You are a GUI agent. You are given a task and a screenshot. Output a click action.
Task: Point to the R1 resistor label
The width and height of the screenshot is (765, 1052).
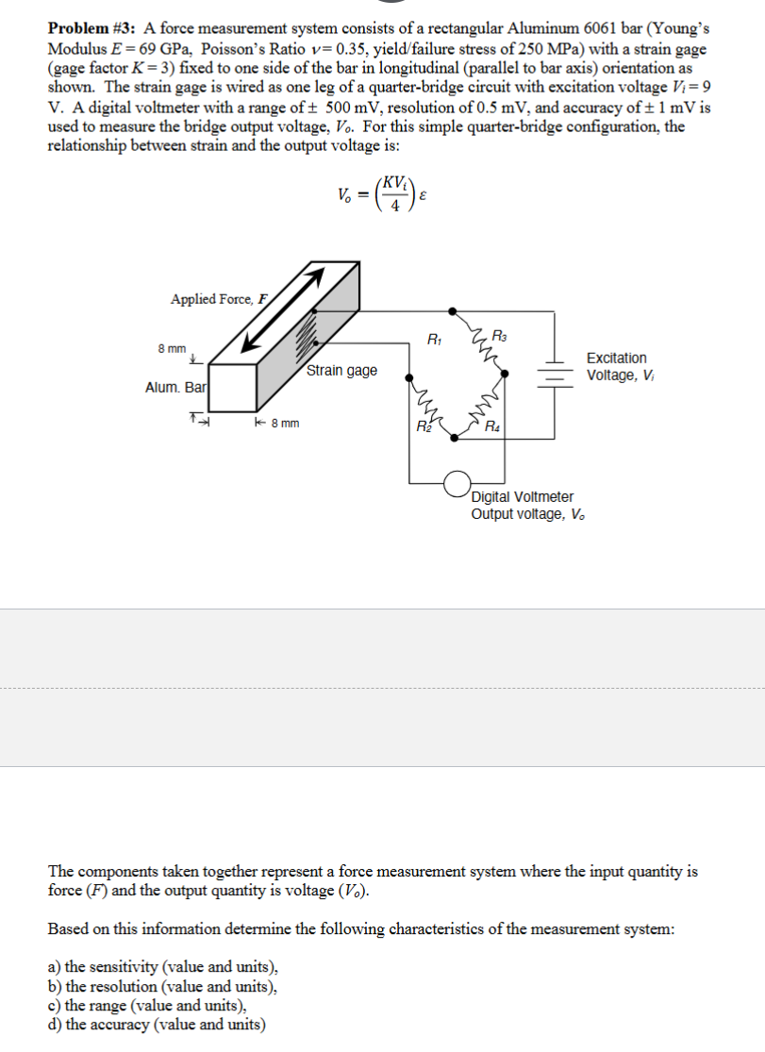point(434,338)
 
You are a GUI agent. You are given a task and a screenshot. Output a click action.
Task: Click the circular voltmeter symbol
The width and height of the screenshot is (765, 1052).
point(458,482)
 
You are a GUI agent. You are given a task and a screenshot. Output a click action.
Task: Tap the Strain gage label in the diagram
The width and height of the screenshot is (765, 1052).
point(341,370)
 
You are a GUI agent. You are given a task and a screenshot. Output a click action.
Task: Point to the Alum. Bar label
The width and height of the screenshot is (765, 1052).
point(176,388)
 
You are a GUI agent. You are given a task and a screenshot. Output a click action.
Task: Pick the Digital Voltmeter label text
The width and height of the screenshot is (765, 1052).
point(523,496)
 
